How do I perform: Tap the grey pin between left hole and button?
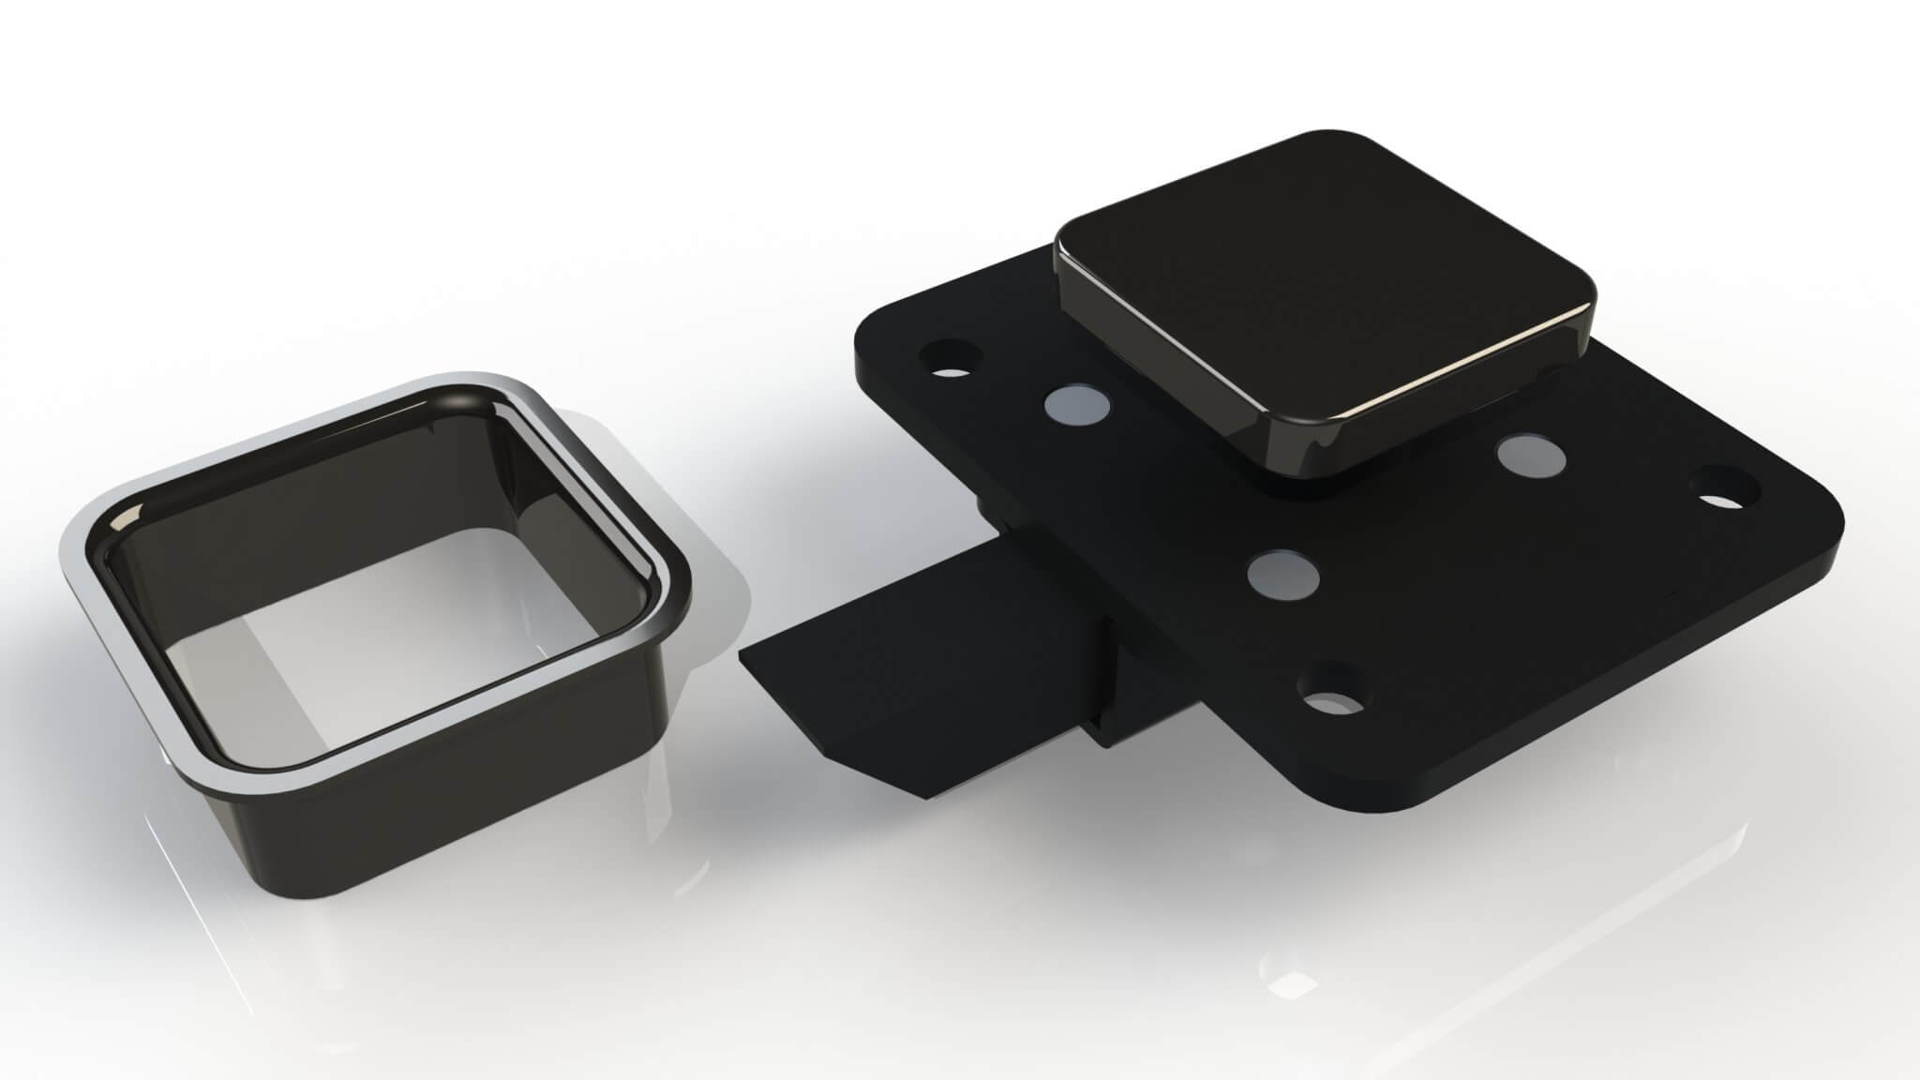[x=1076, y=405]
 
